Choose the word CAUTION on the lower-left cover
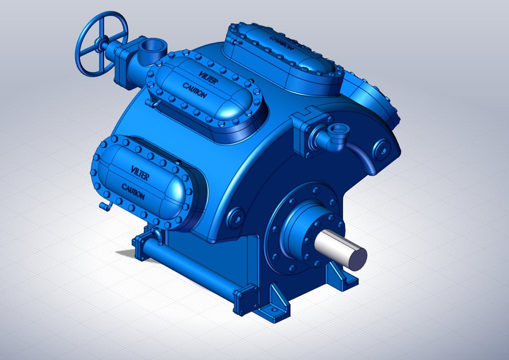point(133,191)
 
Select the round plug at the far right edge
point(384,147)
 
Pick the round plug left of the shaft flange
point(235,216)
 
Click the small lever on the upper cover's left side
point(150,104)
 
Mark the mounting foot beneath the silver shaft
point(339,277)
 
